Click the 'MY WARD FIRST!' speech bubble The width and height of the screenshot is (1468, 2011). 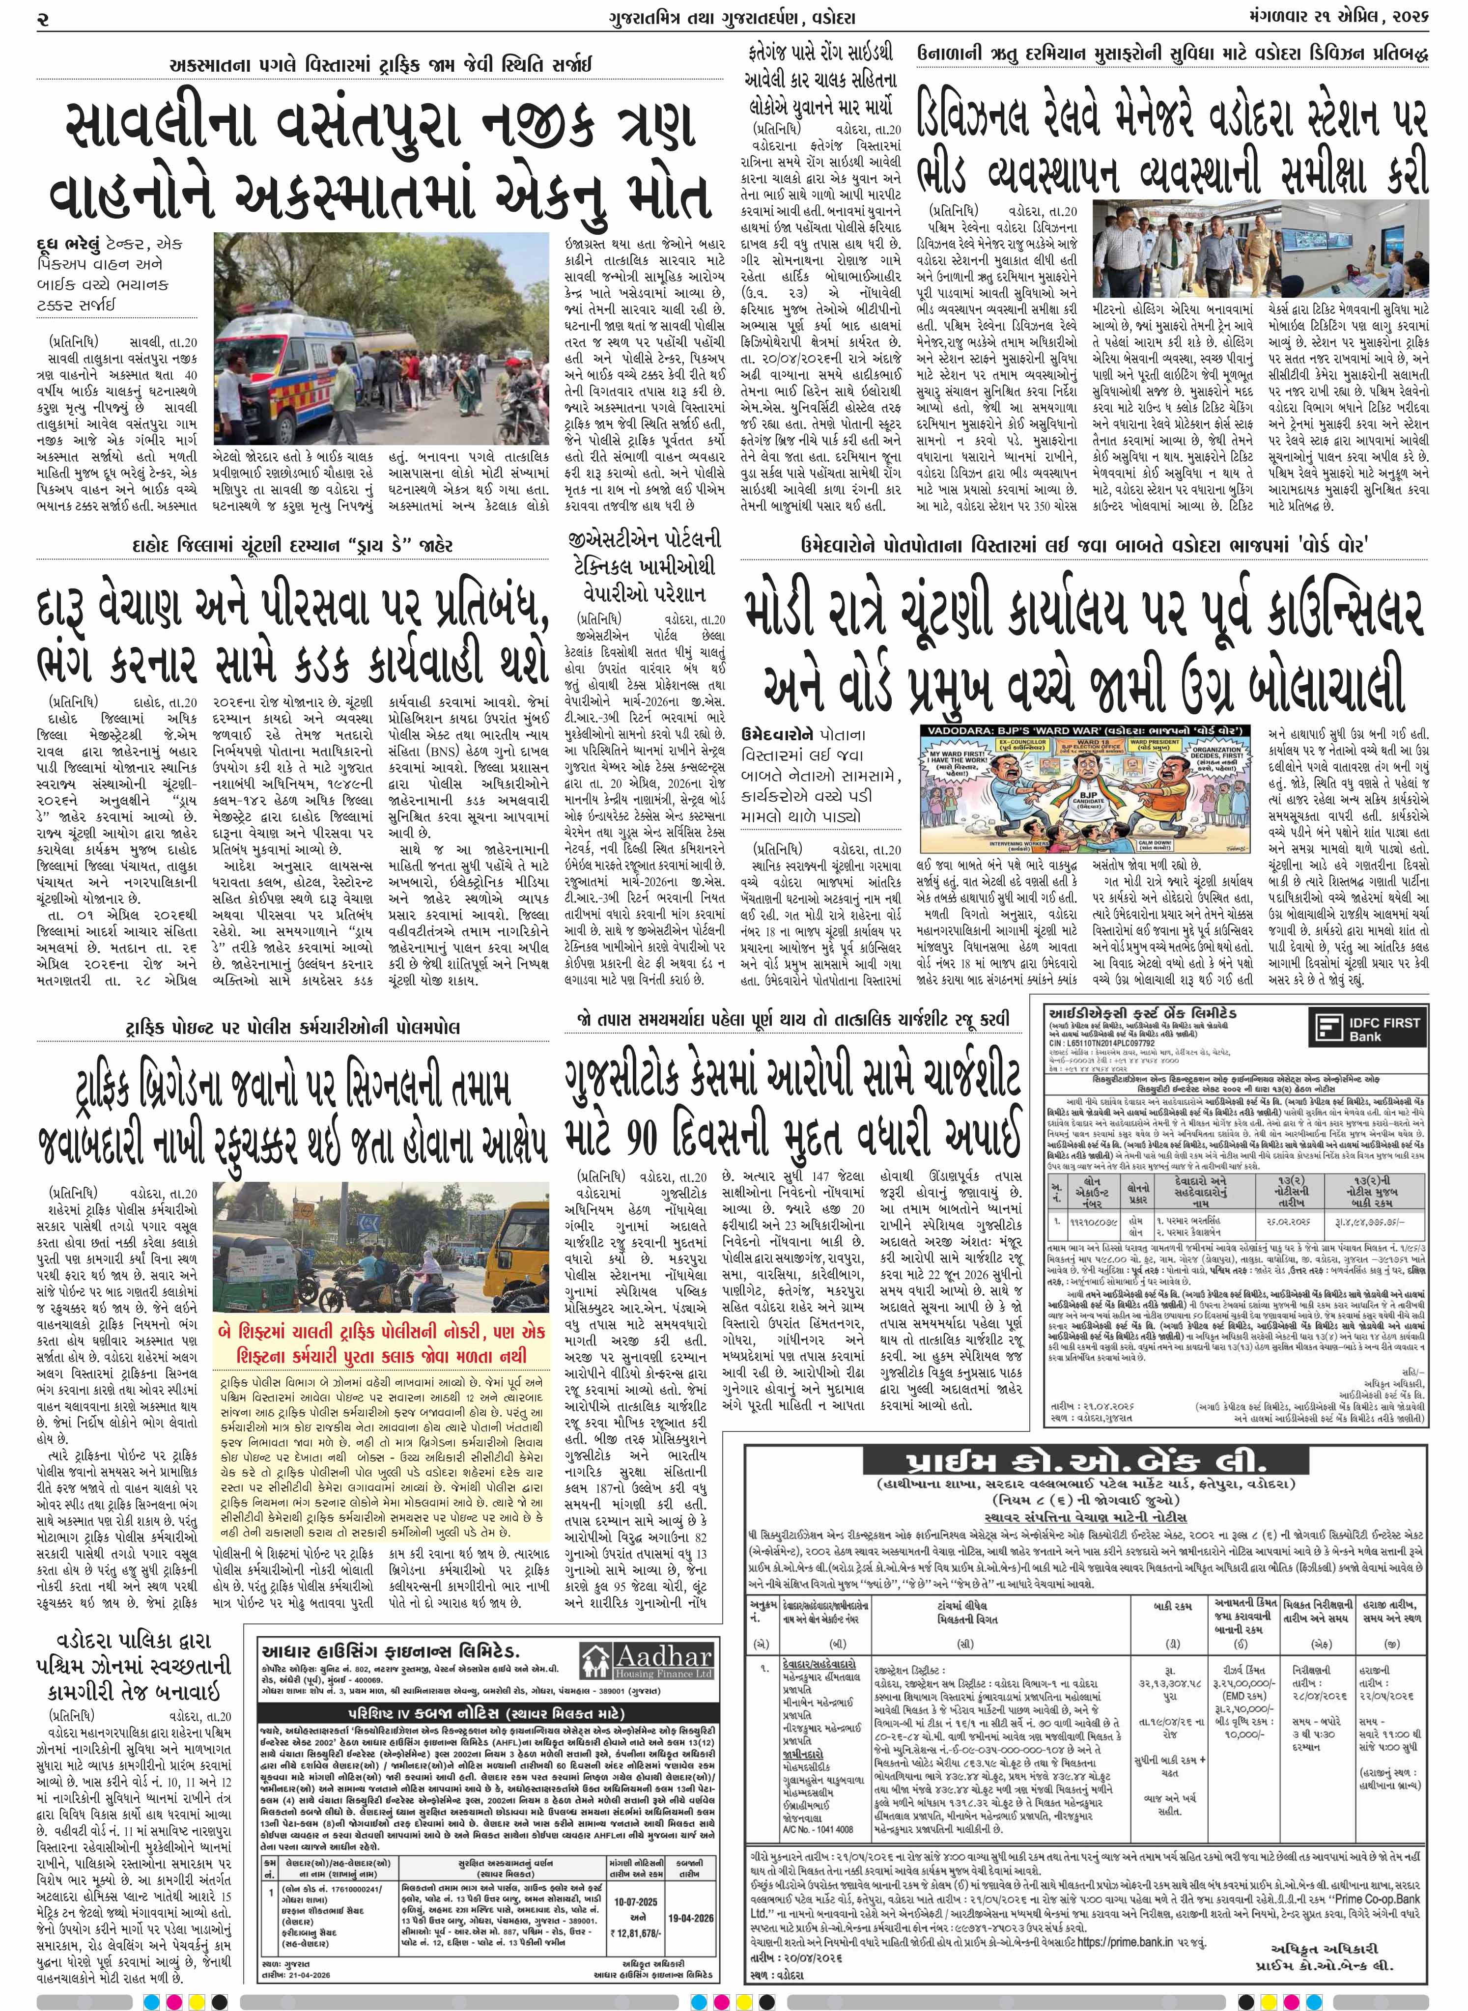click(959, 762)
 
